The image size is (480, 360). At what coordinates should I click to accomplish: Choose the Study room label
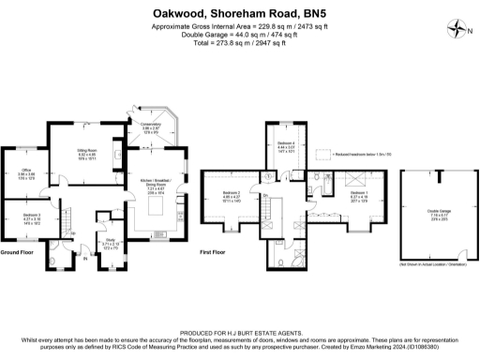(x=110, y=241)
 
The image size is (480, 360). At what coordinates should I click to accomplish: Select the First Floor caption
(x=214, y=253)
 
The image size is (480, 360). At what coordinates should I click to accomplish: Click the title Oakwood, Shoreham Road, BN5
(x=240, y=13)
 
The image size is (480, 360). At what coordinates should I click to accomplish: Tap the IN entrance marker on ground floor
(x=84, y=272)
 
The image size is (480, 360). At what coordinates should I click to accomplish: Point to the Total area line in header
(x=240, y=43)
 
